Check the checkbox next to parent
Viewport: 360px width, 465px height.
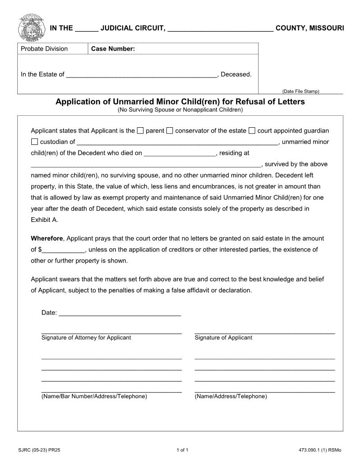[140, 130]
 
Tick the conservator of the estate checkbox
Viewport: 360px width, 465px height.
[170, 130]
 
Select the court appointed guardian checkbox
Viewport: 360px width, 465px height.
[252, 130]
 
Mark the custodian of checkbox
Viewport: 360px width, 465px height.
[34, 142]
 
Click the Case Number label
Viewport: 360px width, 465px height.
[113, 49]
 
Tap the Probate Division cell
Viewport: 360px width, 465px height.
[45, 49]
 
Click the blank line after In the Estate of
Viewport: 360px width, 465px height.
[141, 74]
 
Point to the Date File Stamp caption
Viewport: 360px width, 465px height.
[300, 92]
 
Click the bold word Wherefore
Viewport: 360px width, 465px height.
[47, 238]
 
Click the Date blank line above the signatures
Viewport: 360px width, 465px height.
[120, 313]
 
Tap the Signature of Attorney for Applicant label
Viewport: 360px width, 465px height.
[86, 338]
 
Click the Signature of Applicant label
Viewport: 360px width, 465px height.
[223, 338]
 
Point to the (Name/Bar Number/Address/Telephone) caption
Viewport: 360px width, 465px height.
[94, 396]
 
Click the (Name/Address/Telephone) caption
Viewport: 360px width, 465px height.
[231, 396]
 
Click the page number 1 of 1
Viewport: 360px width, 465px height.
[182, 450]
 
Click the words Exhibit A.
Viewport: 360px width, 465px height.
[44, 219]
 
